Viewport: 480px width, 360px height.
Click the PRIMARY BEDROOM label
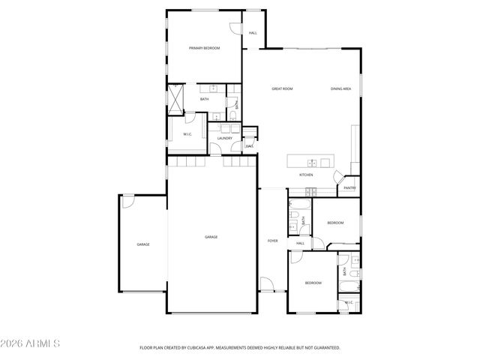pyautogui.click(x=204, y=48)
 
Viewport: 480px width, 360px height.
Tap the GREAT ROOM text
pyautogui.click(x=282, y=89)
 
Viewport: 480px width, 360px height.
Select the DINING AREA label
pyautogui.click(x=341, y=89)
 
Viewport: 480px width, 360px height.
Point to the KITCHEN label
pyautogui.click(x=306, y=175)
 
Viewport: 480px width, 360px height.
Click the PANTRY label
pyautogui.click(x=349, y=187)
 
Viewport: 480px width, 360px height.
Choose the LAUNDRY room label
pyautogui.click(x=224, y=139)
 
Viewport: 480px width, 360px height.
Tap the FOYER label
pyautogui.click(x=273, y=241)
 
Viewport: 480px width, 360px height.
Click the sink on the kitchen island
pyautogui.click(x=310, y=161)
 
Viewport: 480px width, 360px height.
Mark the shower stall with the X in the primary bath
pyautogui.click(x=175, y=98)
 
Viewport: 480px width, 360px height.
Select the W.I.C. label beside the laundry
pyautogui.click(x=188, y=134)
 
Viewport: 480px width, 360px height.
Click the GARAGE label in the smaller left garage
pyautogui.click(x=142, y=244)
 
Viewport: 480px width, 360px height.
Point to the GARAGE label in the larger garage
pyautogui.click(x=211, y=237)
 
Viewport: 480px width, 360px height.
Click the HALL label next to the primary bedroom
pyautogui.click(x=253, y=33)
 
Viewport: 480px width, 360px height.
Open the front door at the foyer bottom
pyautogui.click(x=267, y=286)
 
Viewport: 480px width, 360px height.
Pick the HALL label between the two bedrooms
pyautogui.click(x=300, y=244)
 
